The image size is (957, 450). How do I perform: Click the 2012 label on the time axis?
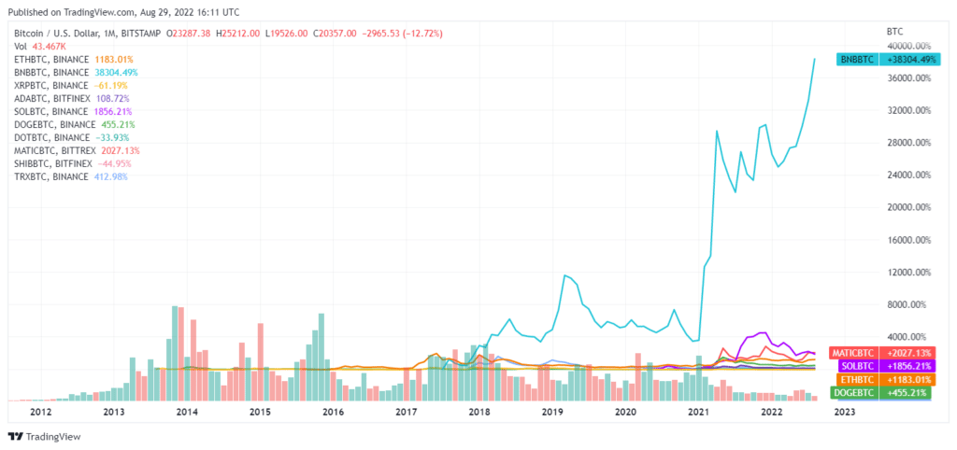click(x=40, y=411)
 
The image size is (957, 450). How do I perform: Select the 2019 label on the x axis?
click(x=552, y=411)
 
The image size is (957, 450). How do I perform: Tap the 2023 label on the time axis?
click(x=844, y=411)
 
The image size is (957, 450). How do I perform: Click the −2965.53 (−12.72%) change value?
click(x=397, y=33)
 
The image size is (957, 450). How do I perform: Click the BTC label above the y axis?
click(x=893, y=32)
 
